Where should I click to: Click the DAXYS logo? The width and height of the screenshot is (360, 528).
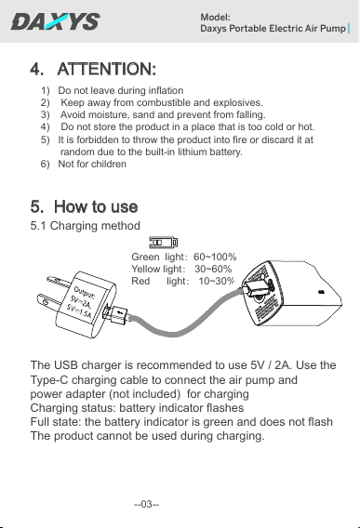(55, 21)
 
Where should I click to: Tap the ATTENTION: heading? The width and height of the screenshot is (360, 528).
(107, 69)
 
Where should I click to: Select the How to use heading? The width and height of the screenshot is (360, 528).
(96, 206)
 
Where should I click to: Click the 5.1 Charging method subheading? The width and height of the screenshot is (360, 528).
(85, 226)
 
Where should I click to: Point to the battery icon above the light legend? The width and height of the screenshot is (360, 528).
(164, 242)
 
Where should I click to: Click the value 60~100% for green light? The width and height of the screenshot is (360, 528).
(215, 257)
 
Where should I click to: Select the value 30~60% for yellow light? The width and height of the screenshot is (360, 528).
(213, 269)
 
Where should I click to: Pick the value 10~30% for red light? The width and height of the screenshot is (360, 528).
(216, 281)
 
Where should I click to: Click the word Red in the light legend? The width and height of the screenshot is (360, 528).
(140, 281)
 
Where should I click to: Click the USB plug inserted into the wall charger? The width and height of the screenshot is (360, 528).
(115, 314)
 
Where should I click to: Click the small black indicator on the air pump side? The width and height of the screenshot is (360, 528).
(321, 292)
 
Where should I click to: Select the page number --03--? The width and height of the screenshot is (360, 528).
(147, 504)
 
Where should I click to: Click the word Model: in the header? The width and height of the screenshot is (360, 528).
(216, 17)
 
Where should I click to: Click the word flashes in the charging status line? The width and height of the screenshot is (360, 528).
(225, 408)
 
